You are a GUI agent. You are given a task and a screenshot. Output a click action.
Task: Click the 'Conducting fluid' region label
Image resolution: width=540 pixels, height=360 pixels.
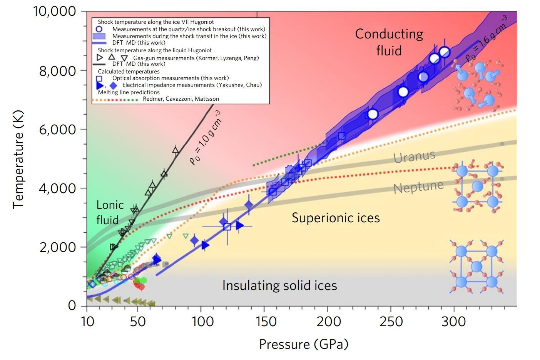pyautogui.click(x=389, y=42)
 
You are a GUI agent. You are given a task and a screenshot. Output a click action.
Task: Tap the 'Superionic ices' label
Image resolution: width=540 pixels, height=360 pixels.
pyautogui.click(x=336, y=218)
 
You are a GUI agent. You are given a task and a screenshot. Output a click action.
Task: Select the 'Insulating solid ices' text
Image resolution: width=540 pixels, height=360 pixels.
pyautogui.click(x=279, y=285)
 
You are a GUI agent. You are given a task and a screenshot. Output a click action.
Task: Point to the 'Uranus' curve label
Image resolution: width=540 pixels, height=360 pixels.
pyautogui.click(x=415, y=156)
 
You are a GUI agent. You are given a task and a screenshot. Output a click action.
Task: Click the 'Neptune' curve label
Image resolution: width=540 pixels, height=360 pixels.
pyautogui.click(x=418, y=187)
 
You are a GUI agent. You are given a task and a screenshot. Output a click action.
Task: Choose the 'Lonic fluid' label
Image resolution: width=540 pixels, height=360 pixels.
pyautogui.click(x=110, y=213)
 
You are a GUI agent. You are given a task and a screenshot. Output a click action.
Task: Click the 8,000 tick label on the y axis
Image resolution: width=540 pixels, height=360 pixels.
pyautogui.click(x=57, y=71)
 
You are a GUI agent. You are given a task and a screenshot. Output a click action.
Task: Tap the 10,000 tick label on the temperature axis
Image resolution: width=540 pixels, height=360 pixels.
pyautogui.click(x=55, y=11)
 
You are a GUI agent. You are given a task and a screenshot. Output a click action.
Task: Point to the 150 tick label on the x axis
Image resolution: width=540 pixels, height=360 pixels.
pyautogui.click(x=265, y=322)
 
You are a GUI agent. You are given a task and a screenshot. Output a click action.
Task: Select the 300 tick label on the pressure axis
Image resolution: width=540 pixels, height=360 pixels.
pyautogui.click(x=453, y=322)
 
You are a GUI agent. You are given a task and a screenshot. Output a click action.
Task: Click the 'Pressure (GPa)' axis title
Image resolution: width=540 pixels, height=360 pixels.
pyautogui.click(x=304, y=344)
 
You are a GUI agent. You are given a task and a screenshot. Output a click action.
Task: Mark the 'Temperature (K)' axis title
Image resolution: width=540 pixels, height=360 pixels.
pyautogui.click(x=18, y=159)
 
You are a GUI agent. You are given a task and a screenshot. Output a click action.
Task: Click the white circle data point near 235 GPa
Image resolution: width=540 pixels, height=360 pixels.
pyautogui.click(x=373, y=114)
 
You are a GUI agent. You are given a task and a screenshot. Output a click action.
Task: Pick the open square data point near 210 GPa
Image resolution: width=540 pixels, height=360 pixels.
pyautogui.click(x=342, y=136)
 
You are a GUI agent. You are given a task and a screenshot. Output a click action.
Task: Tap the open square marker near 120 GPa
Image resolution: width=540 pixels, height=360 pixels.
pyautogui.click(x=227, y=227)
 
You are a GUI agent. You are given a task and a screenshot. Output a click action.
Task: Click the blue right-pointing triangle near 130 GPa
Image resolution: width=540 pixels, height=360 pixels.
pyautogui.click(x=240, y=225)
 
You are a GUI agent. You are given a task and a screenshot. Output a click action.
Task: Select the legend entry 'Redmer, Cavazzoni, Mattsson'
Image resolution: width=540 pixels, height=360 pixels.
pyautogui.click(x=181, y=99)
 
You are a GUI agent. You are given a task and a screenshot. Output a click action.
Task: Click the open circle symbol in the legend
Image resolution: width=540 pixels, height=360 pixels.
pyautogui.click(x=99, y=29)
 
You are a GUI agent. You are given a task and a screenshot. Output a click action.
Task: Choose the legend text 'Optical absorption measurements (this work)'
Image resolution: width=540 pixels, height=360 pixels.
pyautogui.click(x=171, y=78)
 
